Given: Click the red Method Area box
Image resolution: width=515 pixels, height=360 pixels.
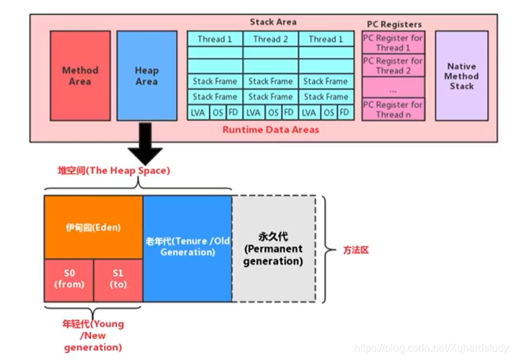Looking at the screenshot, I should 80,75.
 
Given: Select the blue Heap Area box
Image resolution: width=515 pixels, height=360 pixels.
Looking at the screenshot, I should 146,75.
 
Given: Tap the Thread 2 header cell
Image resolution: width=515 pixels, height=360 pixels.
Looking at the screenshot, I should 270,39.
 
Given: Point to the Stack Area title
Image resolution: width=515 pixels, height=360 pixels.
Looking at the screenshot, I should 273,22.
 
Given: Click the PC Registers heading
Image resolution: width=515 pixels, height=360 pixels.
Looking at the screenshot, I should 393,24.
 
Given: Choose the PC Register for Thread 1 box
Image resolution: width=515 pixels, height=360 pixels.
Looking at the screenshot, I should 393,43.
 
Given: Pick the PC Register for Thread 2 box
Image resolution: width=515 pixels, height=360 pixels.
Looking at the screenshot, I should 393,66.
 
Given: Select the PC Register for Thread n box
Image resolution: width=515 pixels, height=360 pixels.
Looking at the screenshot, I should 393,109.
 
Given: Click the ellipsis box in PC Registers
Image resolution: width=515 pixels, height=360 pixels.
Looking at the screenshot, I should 393,88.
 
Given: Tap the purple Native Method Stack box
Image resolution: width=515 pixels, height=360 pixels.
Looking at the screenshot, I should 461,76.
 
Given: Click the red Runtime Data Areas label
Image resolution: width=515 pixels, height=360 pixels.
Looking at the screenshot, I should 271,130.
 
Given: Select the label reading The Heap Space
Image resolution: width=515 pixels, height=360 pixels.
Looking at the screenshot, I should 113,170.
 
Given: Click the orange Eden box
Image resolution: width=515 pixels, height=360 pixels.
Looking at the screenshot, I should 93,227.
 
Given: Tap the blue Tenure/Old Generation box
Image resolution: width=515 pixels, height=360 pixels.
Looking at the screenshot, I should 187,247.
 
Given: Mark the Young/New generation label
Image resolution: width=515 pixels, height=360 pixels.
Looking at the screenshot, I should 92,335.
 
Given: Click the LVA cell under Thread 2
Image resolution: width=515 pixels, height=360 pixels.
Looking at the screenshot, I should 254,112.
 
